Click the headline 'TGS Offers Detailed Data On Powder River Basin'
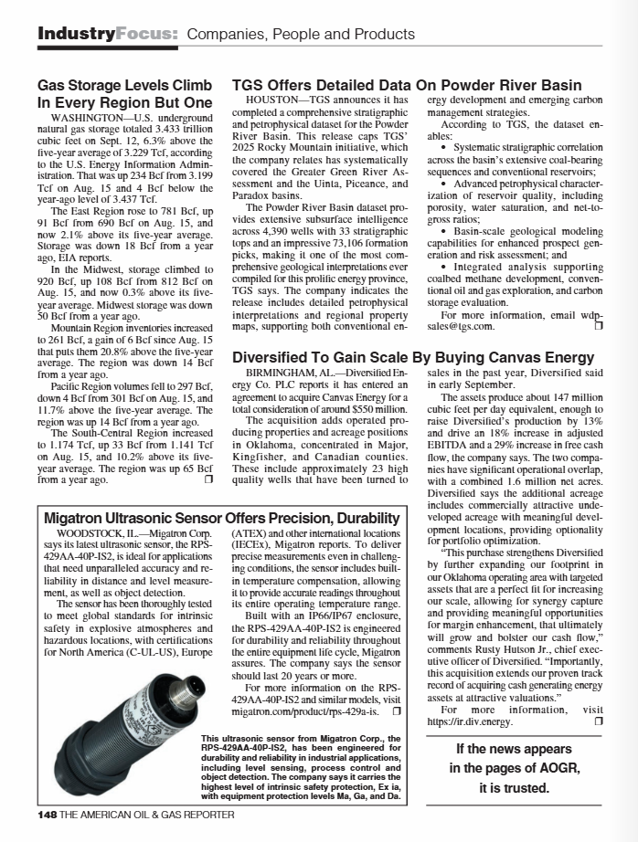[x=407, y=85]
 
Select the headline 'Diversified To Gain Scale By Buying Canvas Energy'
[x=413, y=357]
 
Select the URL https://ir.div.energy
[x=469, y=721]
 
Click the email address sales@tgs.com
[x=461, y=325]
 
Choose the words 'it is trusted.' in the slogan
[x=517, y=787]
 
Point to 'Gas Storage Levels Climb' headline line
[x=124, y=85]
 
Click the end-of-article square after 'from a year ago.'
[x=208, y=479]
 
